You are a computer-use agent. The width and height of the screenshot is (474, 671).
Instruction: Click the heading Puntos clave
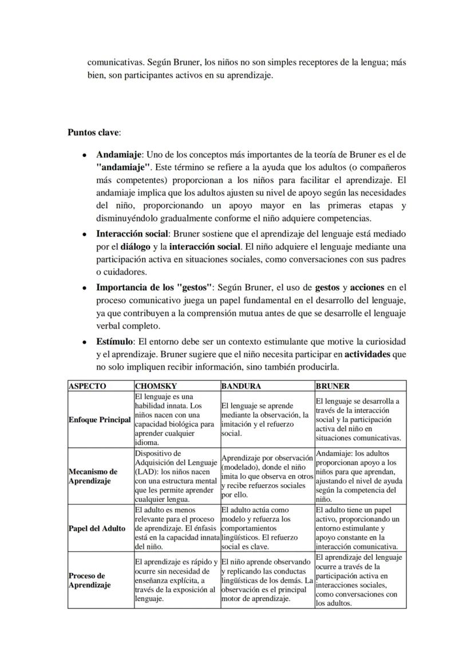pos(93,132)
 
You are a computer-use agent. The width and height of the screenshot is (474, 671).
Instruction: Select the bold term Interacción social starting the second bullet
pos(132,234)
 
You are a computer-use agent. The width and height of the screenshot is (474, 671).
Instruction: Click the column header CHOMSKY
pos(156,386)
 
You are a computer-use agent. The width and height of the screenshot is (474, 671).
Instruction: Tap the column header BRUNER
pos(333,386)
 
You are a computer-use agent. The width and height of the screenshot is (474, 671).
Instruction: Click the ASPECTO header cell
pos(87,386)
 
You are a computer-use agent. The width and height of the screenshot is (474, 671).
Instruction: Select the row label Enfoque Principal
pos(100,419)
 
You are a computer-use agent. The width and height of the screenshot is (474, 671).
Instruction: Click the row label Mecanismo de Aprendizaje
pos(93,476)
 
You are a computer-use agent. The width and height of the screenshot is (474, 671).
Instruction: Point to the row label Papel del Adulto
pos(97,528)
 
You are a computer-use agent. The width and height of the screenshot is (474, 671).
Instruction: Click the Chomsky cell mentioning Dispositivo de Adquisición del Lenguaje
pos(176,476)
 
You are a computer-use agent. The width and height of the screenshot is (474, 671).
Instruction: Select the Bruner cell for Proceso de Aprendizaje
pos(360,580)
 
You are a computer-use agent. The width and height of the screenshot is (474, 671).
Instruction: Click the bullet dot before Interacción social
pos(84,234)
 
